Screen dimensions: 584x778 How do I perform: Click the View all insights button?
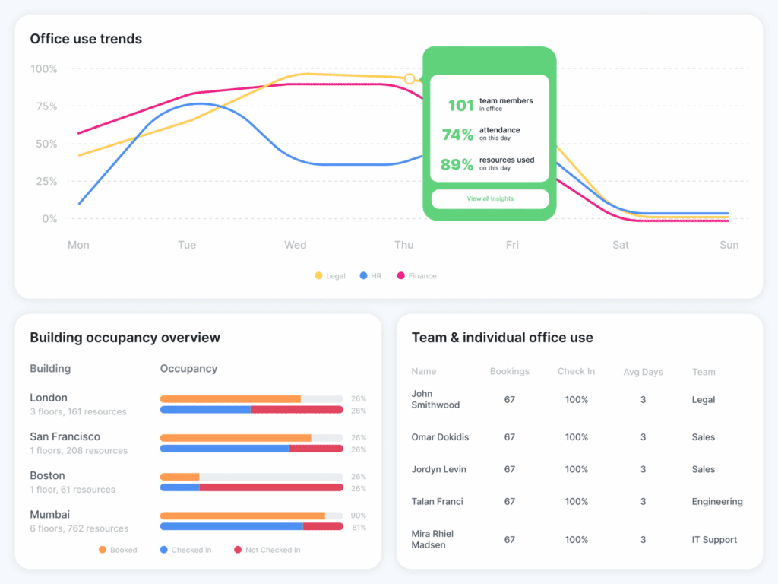pos(490,198)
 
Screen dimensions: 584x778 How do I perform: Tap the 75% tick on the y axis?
pos(44,106)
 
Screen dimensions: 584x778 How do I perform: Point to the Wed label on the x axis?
pos(295,245)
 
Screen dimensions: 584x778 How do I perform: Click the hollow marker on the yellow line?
pos(410,79)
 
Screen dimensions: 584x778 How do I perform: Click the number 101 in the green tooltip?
pos(460,106)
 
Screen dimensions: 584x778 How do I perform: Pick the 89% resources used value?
pos(457,164)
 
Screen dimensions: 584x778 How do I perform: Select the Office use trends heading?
pos(86,39)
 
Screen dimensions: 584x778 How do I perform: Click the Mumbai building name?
pos(49,515)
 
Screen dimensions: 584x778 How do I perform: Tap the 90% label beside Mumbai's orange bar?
pos(358,516)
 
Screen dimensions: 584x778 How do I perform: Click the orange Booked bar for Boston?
pos(179,477)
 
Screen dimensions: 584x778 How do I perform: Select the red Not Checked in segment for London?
pos(296,410)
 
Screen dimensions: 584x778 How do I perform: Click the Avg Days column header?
pos(642,372)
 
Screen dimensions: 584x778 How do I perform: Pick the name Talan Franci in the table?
pos(437,501)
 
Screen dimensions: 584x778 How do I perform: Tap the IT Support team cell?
pos(714,540)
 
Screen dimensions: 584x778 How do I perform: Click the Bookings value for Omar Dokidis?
pos(509,437)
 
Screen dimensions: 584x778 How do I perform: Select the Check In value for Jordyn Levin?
pos(576,469)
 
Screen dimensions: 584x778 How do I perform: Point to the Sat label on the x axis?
pos(621,245)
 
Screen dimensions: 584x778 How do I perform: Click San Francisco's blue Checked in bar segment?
pos(224,449)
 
